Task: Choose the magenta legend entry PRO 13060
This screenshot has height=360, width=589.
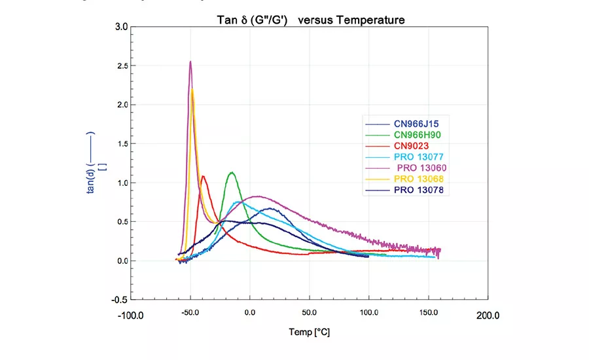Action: (x=424, y=168)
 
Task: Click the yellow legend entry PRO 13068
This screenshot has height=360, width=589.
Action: (x=421, y=179)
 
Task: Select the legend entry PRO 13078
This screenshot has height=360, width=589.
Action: (x=421, y=190)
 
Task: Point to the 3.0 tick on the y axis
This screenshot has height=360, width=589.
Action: (x=121, y=27)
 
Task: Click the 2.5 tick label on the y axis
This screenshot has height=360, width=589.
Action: (x=121, y=66)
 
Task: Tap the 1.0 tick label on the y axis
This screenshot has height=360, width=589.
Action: (x=121, y=183)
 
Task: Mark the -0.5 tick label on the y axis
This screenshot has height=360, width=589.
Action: (x=119, y=300)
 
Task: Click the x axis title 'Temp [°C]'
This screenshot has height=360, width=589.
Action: (x=310, y=332)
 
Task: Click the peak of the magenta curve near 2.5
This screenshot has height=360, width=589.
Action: (x=190, y=62)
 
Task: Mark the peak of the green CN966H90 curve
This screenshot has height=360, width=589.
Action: (x=232, y=173)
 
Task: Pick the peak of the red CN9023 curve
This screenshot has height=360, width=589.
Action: (x=203, y=176)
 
